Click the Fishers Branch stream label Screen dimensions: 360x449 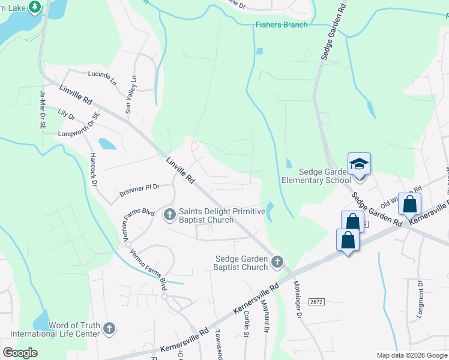pyautogui.click(x=282, y=25)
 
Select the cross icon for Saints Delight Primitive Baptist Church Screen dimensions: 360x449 pyautogui.click(x=170, y=214)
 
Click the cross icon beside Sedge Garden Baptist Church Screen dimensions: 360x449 pyautogui.click(x=277, y=262)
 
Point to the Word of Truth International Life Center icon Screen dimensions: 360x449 pyautogui.click(x=109, y=328)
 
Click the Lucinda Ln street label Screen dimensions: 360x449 pyautogui.click(x=102, y=76)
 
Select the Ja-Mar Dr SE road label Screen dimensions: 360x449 pyautogui.click(x=43, y=110)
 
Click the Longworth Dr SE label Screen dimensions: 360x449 pyautogui.click(x=77, y=127)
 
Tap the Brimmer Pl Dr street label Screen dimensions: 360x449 pyautogui.click(x=139, y=189)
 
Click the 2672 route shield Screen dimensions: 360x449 pyautogui.click(x=316, y=301)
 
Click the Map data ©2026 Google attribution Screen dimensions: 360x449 pyautogui.click(x=411, y=355)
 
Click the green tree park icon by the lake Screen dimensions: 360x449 pyautogui.click(x=36, y=6)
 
